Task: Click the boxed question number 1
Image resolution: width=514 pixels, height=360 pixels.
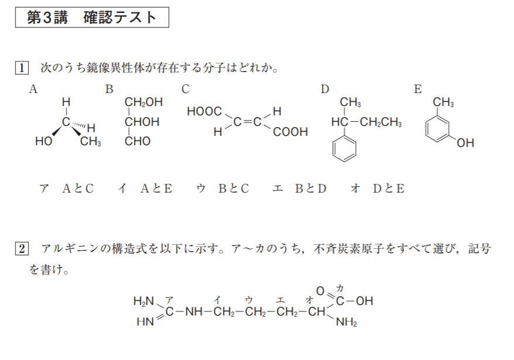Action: (x=21, y=68)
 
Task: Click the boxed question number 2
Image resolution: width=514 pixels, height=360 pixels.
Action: (x=21, y=249)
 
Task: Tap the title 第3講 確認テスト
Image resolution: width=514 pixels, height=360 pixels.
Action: (x=92, y=17)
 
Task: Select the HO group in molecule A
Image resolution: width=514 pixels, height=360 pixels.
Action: (x=43, y=142)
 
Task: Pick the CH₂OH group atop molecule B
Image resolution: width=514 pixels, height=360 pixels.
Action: (x=143, y=102)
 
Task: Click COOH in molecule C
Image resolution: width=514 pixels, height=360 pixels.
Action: (x=290, y=132)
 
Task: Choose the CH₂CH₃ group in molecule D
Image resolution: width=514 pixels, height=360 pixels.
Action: (x=381, y=122)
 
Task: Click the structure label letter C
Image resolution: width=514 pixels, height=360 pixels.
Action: (x=186, y=89)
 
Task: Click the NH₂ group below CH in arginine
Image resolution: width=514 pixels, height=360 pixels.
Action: (x=346, y=321)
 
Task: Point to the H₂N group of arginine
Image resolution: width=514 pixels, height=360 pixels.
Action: (x=143, y=301)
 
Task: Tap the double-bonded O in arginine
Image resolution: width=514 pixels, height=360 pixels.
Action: (x=320, y=290)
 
